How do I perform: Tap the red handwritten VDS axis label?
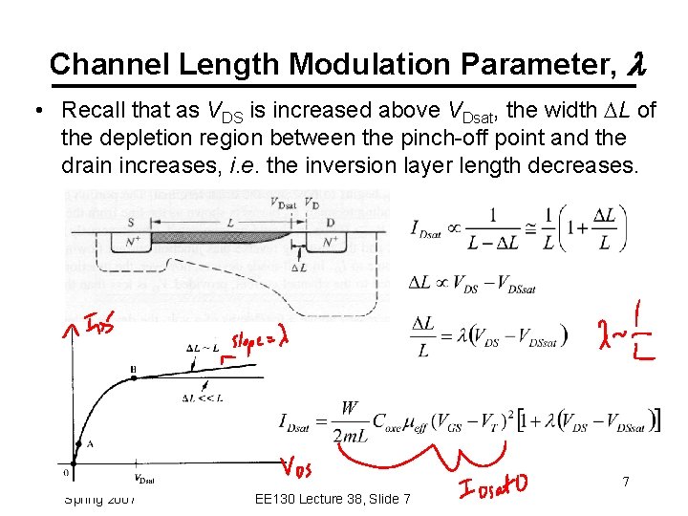(296, 467)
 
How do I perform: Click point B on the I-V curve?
(132, 369)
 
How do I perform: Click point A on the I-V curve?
(88, 443)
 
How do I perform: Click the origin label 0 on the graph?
(66, 472)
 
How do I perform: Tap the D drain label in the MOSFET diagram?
(330, 222)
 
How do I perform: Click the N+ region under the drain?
(331, 243)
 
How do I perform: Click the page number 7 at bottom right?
(626, 482)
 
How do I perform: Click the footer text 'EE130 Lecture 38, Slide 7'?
(334, 499)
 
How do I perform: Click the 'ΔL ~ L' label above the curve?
(203, 345)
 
